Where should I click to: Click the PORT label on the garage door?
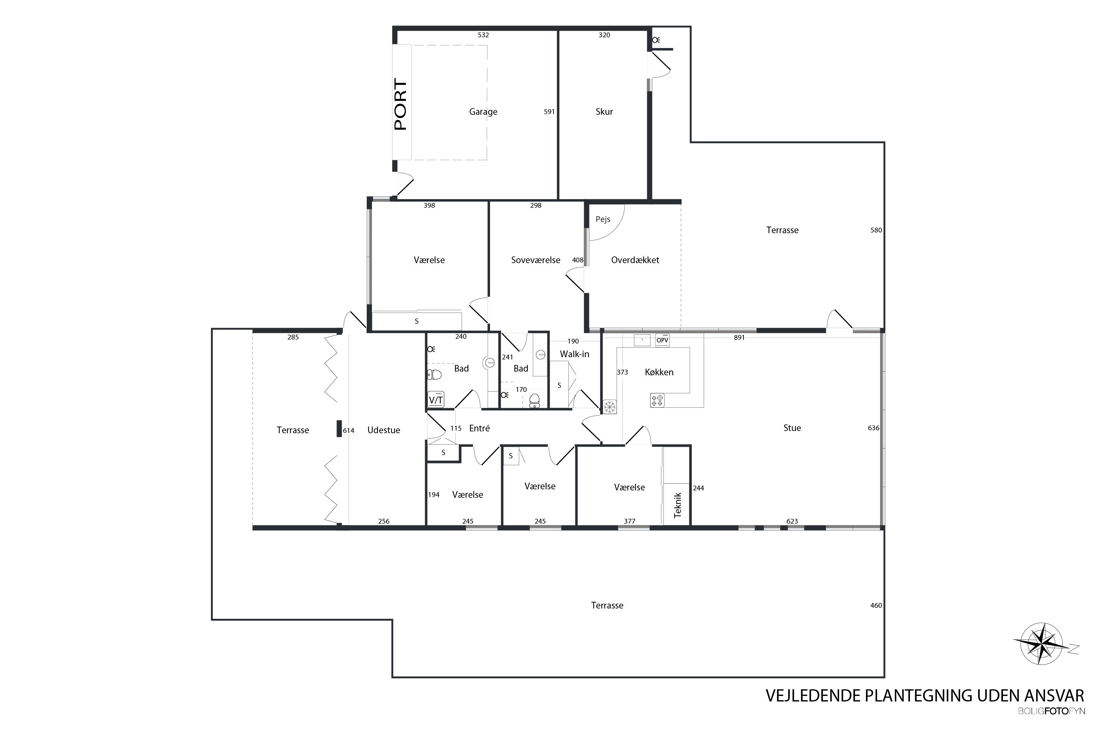pyautogui.click(x=400, y=104)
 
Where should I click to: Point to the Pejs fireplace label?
pyautogui.click(x=603, y=219)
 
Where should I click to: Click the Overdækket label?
pyautogui.click(x=635, y=260)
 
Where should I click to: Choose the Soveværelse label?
pyautogui.click(x=536, y=260)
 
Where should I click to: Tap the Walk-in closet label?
pyautogui.click(x=574, y=354)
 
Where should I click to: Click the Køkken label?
pyautogui.click(x=659, y=372)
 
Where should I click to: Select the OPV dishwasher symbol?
pyautogui.click(x=662, y=340)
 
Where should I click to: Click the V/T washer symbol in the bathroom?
pyautogui.click(x=436, y=400)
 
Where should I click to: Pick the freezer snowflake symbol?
pyautogui.click(x=610, y=407)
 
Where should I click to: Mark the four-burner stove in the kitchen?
pyautogui.click(x=657, y=400)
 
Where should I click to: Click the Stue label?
pyautogui.click(x=792, y=428)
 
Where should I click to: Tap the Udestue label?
pyautogui.click(x=384, y=430)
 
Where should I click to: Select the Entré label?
pyautogui.click(x=480, y=428)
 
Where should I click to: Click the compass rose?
pyautogui.click(x=1042, y=644)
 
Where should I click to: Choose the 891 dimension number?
pyautogui.click(x=739, y=338)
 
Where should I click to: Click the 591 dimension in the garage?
pyautogui.click(x=549, y=111)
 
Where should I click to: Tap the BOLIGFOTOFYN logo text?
pyautogui.click(x=1051, y=711)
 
